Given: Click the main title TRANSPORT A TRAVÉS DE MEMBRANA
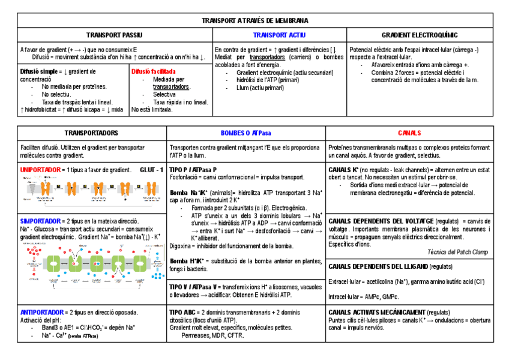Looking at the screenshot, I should (x=255, y=20).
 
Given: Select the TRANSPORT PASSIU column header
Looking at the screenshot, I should (x=114, y=35).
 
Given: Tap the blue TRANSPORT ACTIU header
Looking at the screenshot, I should (x=279, y=35).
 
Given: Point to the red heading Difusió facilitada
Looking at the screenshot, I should (x=153, y=71).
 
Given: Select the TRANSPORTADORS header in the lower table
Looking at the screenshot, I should (x=91, y=133).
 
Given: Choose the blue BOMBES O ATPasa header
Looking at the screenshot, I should (x=246, y=133).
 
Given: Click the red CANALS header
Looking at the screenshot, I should (x=409, y=133).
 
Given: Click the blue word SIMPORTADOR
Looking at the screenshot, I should (x=40, y=221).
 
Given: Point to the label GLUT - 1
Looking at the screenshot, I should (x=151, y=170).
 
